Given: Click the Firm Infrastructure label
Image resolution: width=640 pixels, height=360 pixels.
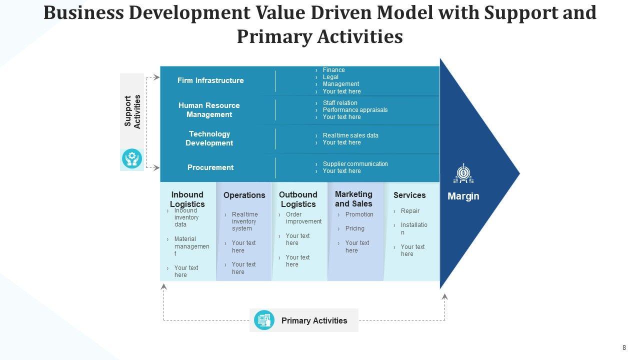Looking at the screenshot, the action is [210, 80].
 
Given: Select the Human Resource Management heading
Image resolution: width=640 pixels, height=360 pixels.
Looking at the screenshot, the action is [209, 110].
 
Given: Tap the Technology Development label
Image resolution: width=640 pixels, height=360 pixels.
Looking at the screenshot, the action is [209, 138].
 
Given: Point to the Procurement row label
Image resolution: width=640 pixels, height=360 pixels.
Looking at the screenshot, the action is [210, 167].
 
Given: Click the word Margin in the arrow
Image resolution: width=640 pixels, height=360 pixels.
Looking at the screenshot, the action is [463, 196].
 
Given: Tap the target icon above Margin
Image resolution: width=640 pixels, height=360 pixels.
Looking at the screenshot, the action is [463, 173].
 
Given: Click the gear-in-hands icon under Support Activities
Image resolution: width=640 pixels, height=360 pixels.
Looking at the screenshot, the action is [132, 159].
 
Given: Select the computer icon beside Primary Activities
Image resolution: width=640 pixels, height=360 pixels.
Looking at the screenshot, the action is [264, 320].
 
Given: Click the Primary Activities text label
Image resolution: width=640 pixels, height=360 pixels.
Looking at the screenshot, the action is [314, 321].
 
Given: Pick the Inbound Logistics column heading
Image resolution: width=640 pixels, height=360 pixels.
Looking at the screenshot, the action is [187, 199].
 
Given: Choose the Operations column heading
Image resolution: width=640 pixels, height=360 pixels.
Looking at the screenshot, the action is [244, 195].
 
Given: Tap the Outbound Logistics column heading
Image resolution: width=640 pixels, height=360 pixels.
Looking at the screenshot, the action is [298, 199].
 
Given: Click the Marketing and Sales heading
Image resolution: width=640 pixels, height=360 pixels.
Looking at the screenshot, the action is [353, 198].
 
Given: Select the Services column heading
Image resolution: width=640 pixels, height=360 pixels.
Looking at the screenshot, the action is [409, 195].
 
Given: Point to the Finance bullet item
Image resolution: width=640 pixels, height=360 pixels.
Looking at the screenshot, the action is [333, 70].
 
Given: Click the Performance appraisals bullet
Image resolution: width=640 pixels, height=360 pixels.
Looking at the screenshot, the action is [355, 110].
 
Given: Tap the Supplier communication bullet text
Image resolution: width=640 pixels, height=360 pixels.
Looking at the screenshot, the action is [355, 164].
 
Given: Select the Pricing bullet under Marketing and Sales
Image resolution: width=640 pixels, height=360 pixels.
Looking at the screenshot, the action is [354, 228].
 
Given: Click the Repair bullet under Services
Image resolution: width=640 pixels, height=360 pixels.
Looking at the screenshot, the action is [410, 211].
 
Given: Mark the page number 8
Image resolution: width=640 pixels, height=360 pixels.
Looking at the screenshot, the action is [624, 348].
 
